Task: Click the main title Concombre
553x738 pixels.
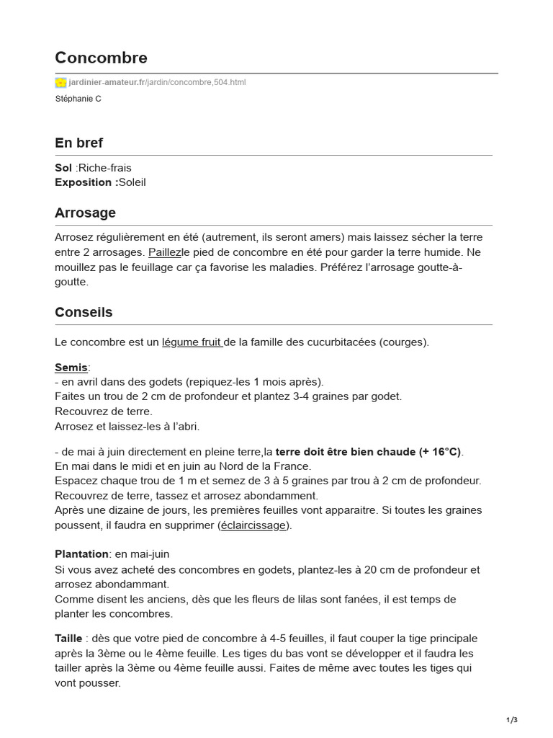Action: pos(101,58)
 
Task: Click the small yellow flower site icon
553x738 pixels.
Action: pos(60,82)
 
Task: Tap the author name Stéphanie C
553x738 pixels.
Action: pos(78,99)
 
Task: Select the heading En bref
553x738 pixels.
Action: pos(79,143)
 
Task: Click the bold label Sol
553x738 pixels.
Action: pos(63,168)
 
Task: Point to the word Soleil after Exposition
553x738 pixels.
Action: pos(132,182)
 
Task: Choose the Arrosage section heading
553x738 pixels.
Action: pos(85,213)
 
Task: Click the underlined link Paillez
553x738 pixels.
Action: pos(165,252)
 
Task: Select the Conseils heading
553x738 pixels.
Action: pos(84,313)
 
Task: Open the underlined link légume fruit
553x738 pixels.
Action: pos(192,342)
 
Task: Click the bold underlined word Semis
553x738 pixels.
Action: pos(71,368)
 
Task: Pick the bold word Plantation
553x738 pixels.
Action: pos(81,554)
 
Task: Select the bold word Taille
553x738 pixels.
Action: pos(68,639)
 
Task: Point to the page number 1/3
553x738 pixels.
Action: pos(512,720)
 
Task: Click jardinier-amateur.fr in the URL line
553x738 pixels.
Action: pos(107,82)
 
